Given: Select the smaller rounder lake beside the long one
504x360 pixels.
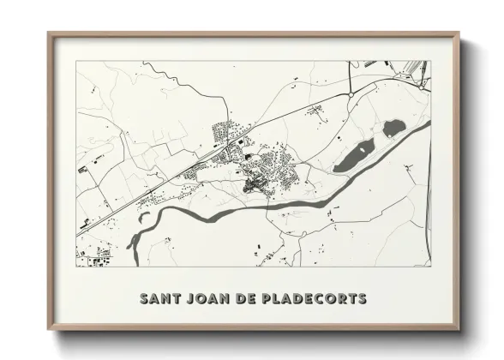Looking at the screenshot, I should (x=393, y=129).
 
